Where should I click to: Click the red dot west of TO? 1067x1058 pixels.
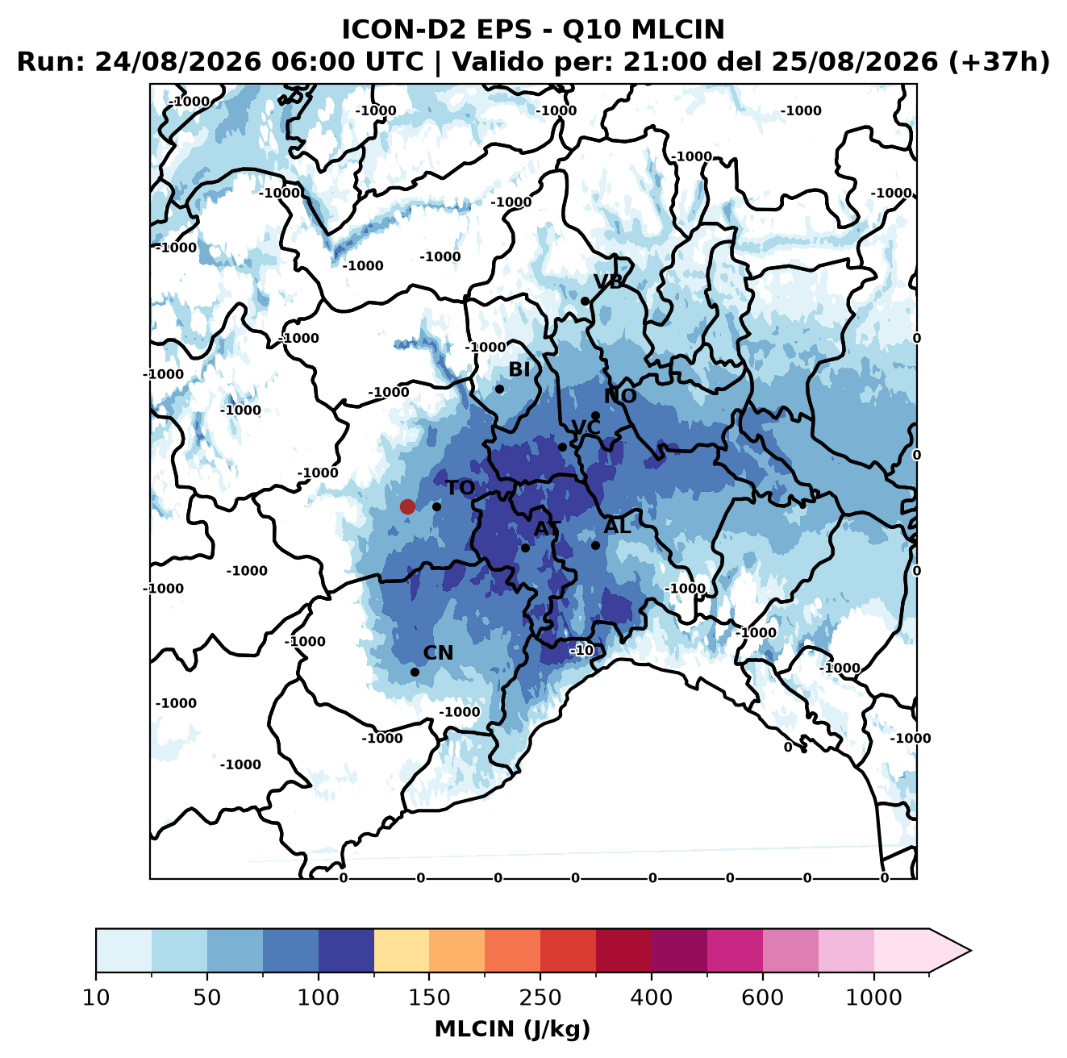tap(407, 506)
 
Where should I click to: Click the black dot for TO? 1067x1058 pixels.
tap(436, 506)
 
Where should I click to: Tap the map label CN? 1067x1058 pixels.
tap(438, 653)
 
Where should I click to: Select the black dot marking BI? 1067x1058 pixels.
tap(499, 389)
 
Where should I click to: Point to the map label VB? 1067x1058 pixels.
tap(608, 281)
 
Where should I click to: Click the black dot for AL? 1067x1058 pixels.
tap(595, 545)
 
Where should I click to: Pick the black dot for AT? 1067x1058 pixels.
tap(525, 548)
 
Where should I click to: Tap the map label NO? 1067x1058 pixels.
tap(620, 396)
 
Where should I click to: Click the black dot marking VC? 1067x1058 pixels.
tap(562, 447)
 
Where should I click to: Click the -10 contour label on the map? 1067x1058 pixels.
tap(581, 651)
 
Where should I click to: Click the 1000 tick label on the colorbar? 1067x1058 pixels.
tap(873, 998)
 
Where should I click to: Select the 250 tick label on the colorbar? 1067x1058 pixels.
tap(540, 998)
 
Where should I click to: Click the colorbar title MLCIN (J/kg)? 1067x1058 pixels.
tap(512, 1029)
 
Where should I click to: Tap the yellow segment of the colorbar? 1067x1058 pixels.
tap(402, 950)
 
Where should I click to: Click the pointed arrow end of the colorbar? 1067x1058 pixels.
tap(970, 951)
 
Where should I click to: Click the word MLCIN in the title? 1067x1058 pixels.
tap(677, 30)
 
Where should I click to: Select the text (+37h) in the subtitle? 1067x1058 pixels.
tap(998, 62)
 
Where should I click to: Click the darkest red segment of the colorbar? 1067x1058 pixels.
tap(623, 950)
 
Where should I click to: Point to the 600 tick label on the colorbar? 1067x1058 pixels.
tap(762, 998)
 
